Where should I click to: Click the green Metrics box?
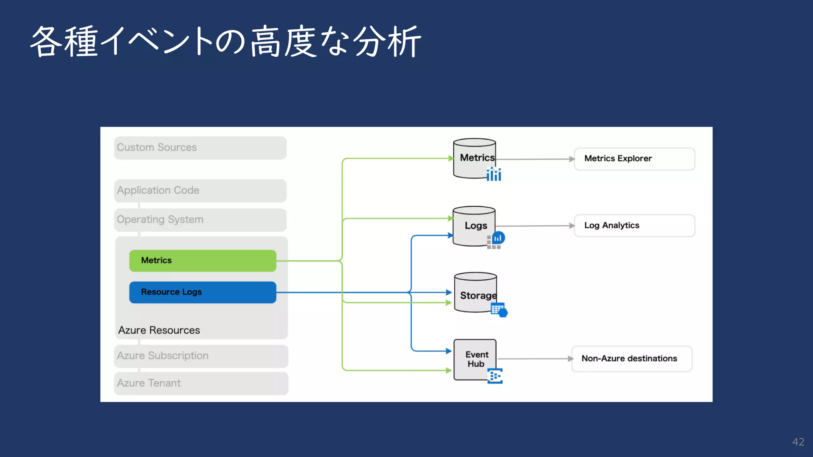click(x=202, y=261)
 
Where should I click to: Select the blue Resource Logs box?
click(x=202, y=292)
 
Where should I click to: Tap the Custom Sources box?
click(x=200, y=148)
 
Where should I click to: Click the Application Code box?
click(x=200, y=191)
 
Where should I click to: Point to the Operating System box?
click(x=200, y=220)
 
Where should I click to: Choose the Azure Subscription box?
click(x=201, y=356)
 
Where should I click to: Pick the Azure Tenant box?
click(x=201, y=383)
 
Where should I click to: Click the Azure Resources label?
click(x=159, y=330)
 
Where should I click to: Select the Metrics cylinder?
click(x=474, y=158)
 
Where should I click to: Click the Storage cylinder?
click(x=475, y=293)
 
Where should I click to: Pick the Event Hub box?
click(x=475, y=359)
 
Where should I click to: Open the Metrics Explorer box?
click(x=634, y=159)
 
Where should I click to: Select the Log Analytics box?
click(x=634, y=226)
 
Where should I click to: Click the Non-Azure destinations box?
click(x=631, y=359)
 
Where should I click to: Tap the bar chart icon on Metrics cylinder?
click(x=494, y=174)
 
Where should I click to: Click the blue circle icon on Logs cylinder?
click(x=498, y=238)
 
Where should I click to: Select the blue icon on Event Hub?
click(x=495, y=376)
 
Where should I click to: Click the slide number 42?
click(x=798, y=442)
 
